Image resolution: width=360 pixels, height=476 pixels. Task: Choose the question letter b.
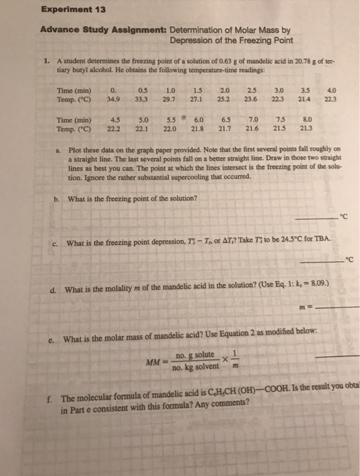(x=56, y=199)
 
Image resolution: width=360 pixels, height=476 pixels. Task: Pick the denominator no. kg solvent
(x=195, y=367)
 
